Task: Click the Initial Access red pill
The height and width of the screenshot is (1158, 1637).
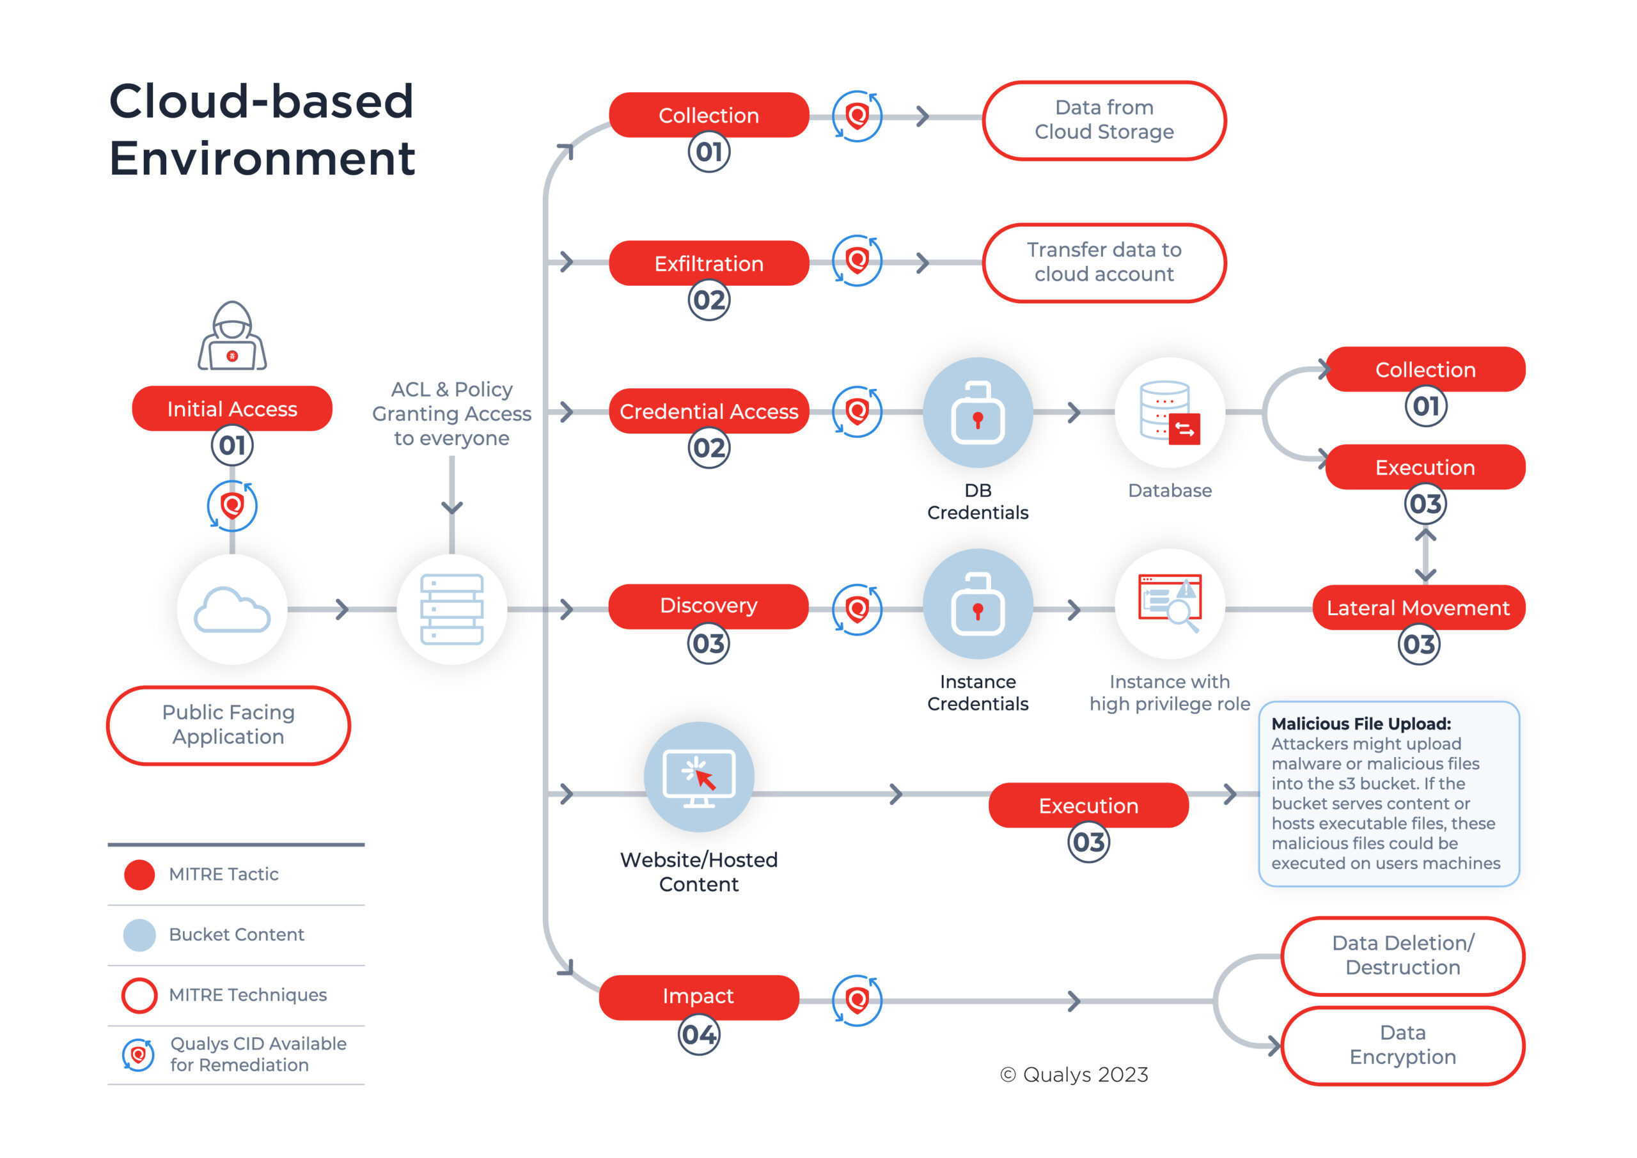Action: (231, 409)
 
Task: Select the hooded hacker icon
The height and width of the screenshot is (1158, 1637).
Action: (231, 336)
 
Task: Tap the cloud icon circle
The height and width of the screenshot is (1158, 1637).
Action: (231, 609)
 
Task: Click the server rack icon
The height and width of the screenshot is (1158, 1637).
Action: (451, 609)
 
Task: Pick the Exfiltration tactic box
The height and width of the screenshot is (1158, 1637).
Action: (708, 263)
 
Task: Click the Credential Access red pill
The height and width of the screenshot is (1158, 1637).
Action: (708, 411)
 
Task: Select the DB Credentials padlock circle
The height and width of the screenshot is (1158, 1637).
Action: (978, 413)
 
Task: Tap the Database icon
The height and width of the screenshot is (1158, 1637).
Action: (1170, 413)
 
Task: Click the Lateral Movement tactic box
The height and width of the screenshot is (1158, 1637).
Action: (1418, 607)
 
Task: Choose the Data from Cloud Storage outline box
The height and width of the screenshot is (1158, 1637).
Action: (1104, 120)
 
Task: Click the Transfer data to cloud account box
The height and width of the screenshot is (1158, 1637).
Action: (1104, 262)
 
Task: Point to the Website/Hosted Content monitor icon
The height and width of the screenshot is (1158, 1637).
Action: (699, 778)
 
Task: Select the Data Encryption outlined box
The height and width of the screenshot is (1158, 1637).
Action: (1402, 1045)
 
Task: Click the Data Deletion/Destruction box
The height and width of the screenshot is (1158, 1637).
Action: (1402, 955)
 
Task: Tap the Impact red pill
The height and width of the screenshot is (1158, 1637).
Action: (698, 996)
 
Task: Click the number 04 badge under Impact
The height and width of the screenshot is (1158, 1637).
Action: (699, 1035)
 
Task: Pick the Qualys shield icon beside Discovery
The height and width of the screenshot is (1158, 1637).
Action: (857, 609)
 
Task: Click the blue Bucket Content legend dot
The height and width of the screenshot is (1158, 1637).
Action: (139, 935)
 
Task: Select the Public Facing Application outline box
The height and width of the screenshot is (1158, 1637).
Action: (228, 724)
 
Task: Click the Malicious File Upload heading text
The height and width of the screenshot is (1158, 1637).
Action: (1360, 724)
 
